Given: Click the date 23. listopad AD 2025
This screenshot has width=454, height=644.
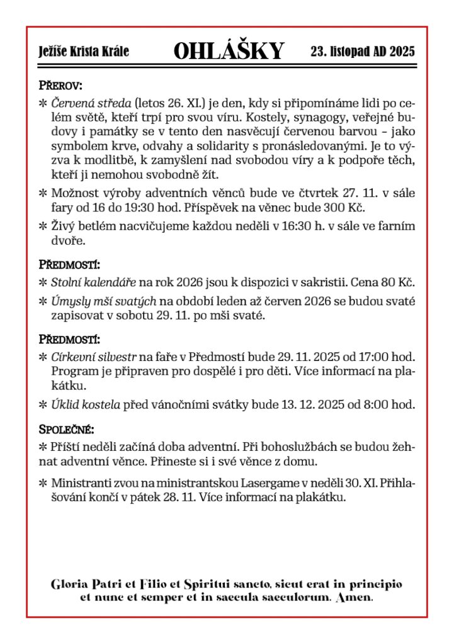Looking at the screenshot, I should click(x=363, y=52).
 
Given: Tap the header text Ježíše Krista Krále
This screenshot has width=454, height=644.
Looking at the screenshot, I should click(x=84, y=52).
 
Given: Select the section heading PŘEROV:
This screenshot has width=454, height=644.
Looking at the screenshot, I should click(x=60, y=84).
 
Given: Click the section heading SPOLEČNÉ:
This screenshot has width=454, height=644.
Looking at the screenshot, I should click(x=67, y=430).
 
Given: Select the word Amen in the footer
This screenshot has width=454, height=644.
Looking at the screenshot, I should click(x=355, y=597).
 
